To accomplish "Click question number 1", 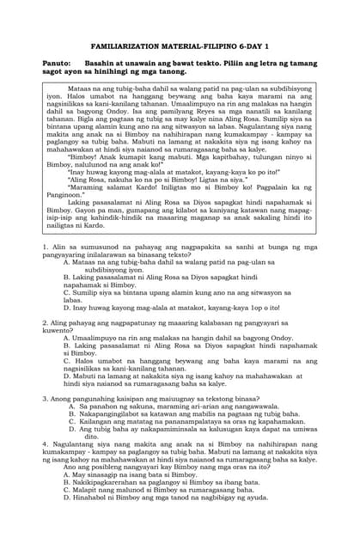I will point(44,247).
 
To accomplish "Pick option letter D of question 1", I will point(65,307).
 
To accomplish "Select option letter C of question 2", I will point(65,358).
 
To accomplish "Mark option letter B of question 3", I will point(71,412).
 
